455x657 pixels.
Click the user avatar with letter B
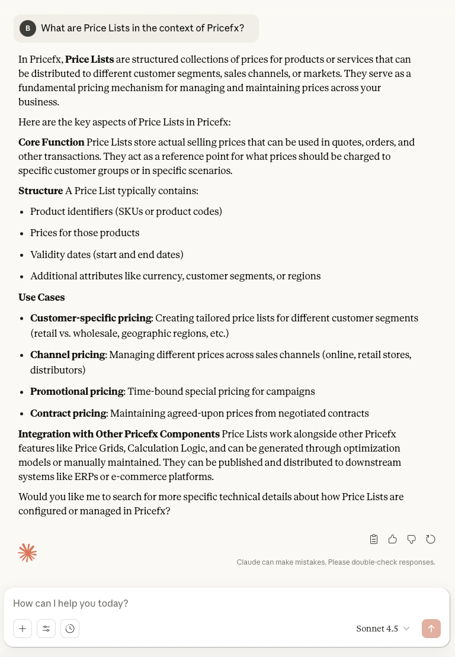[28, 28]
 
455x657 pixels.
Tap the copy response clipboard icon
[374, 539]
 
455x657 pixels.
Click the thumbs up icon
[392, 539]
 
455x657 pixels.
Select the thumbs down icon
[411, 539]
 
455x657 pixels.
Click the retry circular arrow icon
[431, 539]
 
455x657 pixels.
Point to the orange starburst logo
[27, 552]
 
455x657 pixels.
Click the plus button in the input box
[23, 629]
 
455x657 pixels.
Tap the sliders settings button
[46, 629]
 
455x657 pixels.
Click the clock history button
[70, 629]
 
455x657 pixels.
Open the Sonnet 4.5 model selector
[383, 629]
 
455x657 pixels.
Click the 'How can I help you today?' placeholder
[71, 604]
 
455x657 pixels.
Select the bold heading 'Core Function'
[52, 142]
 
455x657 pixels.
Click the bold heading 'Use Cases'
[41, 297]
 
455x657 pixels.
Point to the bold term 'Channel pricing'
[68, 355]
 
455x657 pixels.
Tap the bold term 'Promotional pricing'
[77, 391]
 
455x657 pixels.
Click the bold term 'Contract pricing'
[68, 413]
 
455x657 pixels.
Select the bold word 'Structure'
[40, 191]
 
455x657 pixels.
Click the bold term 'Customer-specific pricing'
[91, 318]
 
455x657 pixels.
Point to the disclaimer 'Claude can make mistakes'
[335, 562]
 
